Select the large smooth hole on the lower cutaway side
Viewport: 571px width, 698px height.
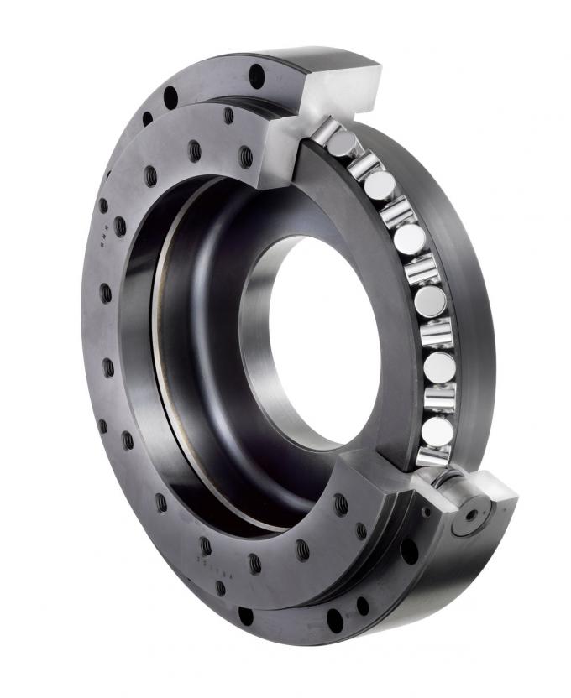(409, 551)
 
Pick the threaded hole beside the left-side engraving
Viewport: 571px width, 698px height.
(120, 227)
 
